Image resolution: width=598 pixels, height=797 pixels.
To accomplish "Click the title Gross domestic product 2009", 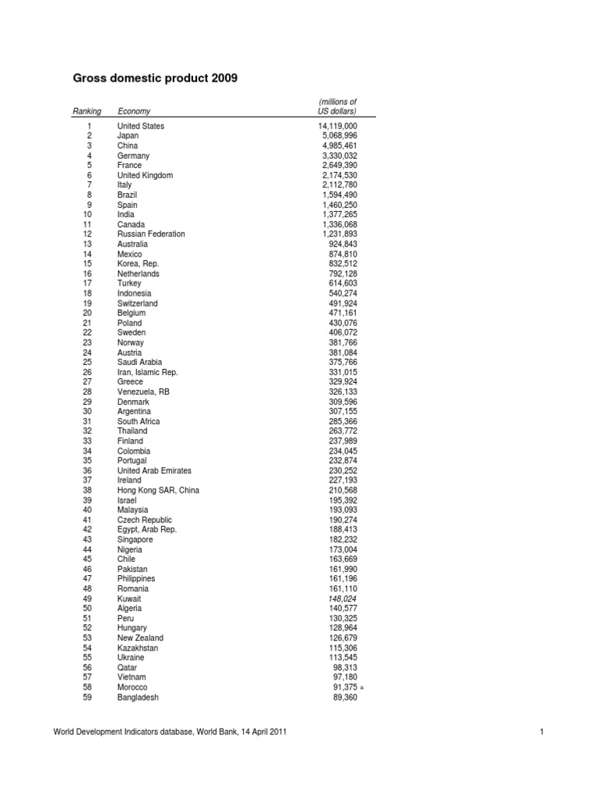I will pyautogui.click(x=155, y=79).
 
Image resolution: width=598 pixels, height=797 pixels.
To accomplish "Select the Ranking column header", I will pyautogui.click(x=86, y=111).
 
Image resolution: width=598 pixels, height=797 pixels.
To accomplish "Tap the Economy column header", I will pyautogui.click(x=134, y=111).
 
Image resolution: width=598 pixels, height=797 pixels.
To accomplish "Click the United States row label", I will pyautogui.click(x=141, y=126).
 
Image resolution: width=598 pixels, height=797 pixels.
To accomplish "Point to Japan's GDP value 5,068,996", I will pyautogui.click(x=339, y=135).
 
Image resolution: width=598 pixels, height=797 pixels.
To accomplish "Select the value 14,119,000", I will pyautogui.click(x=337, y=126).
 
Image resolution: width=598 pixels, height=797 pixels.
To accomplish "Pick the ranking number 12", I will pyautogui.click(x=87, y=234).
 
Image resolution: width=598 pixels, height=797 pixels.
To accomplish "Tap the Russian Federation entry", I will pyautogui.click(x=151, y=234).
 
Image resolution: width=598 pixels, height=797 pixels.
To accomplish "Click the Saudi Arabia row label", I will pyautogui.click(x=140, y=362).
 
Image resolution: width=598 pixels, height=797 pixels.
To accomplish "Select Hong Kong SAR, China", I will pyautogui.click(x=158, y=490).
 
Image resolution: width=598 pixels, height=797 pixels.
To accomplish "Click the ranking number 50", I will pyautogui.click(x=87, y=609).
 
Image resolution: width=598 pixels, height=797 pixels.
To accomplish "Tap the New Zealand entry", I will pyautogui.click(x=140, y=638).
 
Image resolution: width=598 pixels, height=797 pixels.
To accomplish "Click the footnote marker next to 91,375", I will pyautogui.click(x=363, y=688).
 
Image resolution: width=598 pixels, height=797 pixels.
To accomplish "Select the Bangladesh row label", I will pyautogui.click(x=138, y=697).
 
